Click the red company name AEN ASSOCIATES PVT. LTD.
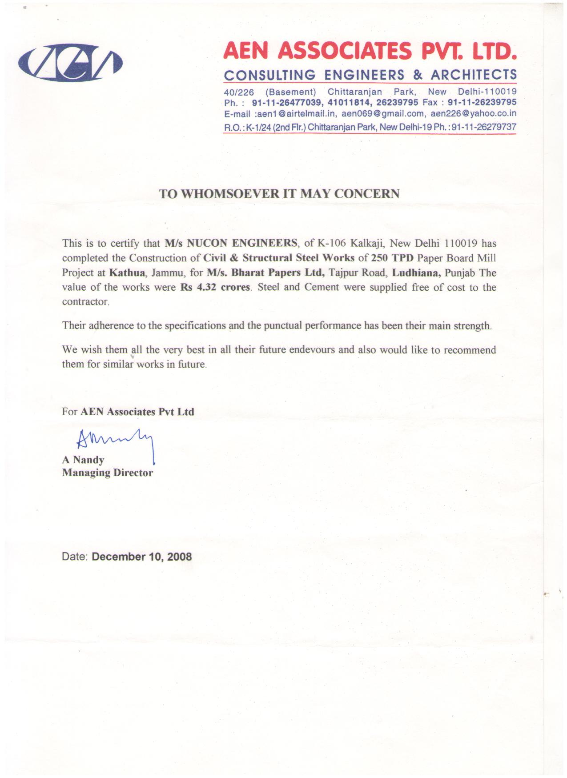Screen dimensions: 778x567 (x=370, y=51)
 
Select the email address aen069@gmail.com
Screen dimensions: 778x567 (x=383, y=113)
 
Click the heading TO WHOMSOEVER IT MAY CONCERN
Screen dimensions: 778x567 (x=279, y=193)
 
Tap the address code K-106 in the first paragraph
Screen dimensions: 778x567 (x=331, y=243)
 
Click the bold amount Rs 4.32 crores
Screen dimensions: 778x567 (x=215, y=287)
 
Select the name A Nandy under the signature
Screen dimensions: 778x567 (x=83, y=460)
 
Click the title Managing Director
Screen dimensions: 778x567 (x=107, y=473)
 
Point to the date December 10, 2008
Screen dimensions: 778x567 (x=141, y=557)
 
